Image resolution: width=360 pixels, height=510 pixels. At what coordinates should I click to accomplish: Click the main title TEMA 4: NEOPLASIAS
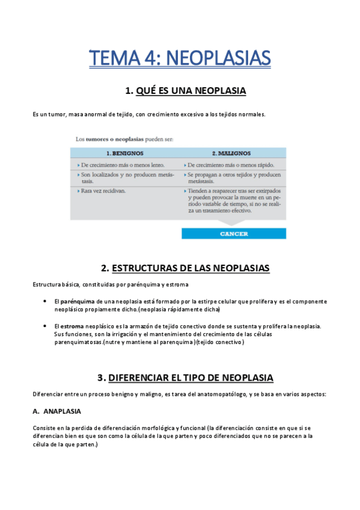[x=180, y=58]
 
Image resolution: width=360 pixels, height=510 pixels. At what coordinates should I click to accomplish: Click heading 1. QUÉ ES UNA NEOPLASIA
[x=185, y=91]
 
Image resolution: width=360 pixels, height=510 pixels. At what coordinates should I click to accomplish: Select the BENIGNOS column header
[x=125, y=153]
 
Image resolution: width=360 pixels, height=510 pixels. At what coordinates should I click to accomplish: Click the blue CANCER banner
[x=234, y=234]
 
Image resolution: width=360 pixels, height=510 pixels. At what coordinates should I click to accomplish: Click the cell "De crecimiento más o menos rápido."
[x=231, y=164]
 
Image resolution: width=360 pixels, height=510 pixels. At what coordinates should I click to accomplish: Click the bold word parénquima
[x=75, y=301]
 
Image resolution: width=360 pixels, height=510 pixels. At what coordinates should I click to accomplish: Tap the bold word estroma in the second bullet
[x=72, y=326]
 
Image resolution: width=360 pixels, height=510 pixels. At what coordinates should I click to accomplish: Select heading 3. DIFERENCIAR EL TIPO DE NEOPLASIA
[x=185, y=378]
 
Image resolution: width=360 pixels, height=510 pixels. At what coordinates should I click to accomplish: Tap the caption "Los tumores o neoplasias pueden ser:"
[x=124, y=139]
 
